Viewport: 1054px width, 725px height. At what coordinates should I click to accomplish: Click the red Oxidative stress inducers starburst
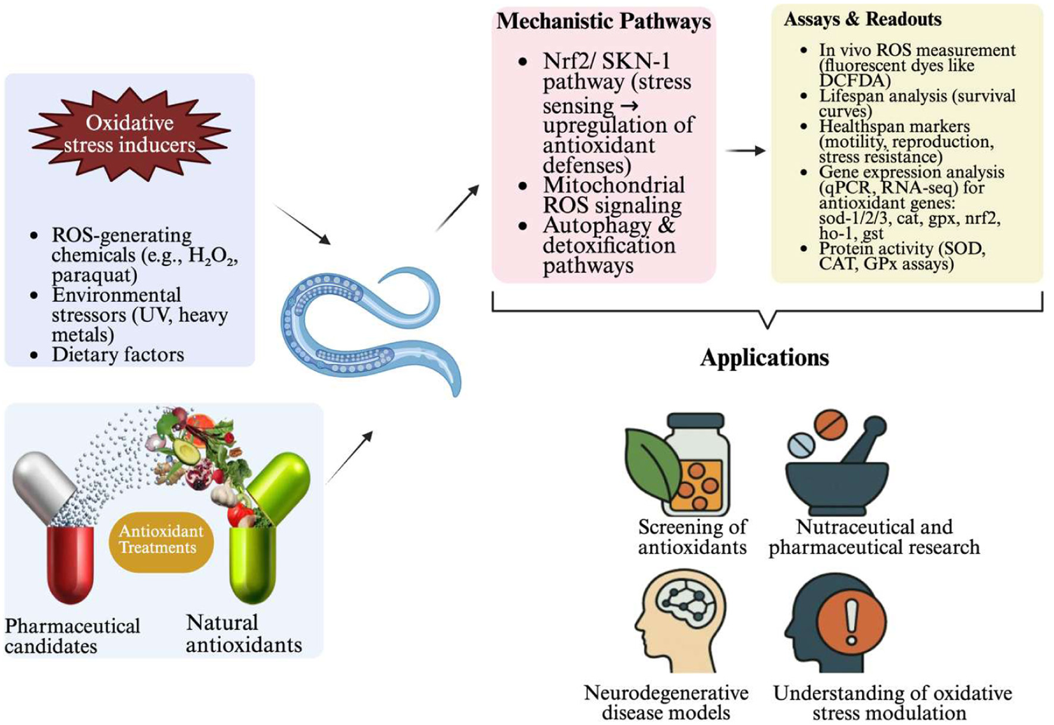(x=130, y=134)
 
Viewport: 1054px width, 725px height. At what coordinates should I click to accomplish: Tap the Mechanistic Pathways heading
(x=603, y=21)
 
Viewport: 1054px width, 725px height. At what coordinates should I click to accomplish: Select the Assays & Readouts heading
(x=862, y=19)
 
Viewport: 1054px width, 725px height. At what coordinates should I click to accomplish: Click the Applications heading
(x=764, y=358)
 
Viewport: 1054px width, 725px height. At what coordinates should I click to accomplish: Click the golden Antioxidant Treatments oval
(x=161, y=540)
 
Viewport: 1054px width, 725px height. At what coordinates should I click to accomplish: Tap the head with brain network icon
(x=681, y=619)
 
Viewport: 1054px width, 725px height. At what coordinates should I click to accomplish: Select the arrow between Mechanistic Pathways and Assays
(x=745, y=151)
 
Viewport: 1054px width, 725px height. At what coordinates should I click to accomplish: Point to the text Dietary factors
(x=118, y=355)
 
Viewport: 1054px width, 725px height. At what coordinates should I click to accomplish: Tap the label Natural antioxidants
(x=243, y=633)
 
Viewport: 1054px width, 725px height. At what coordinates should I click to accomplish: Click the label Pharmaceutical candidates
(x=72, y=636)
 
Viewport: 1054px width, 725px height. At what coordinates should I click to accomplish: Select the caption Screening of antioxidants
(x=692, y=537)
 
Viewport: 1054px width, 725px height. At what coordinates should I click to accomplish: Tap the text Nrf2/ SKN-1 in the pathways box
(x=606, y=61)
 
